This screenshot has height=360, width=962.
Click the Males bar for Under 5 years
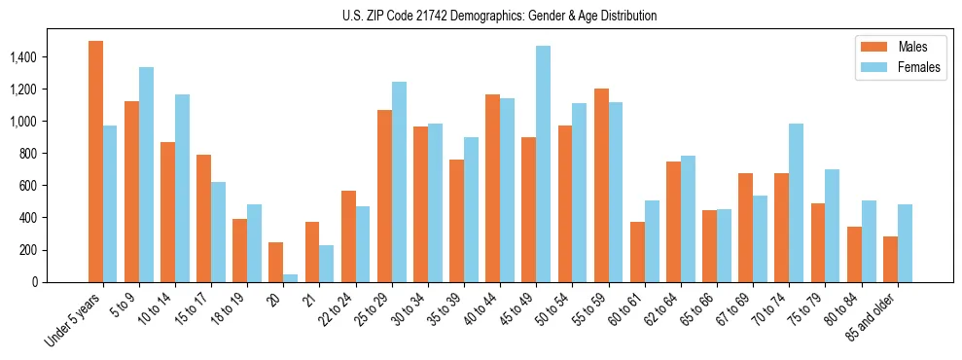[95, 162]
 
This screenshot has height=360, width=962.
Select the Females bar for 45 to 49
[543, 163]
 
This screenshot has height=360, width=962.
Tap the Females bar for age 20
[291, 277]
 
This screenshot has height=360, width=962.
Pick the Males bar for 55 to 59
[601, 185]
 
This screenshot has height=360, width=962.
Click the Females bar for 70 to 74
[796, 202]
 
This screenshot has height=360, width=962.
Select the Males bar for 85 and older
[890, 259]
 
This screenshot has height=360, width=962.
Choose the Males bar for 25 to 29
[384, 196]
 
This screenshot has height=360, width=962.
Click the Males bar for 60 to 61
[637, 252]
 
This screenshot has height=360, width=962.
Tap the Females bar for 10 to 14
[182, 188]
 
